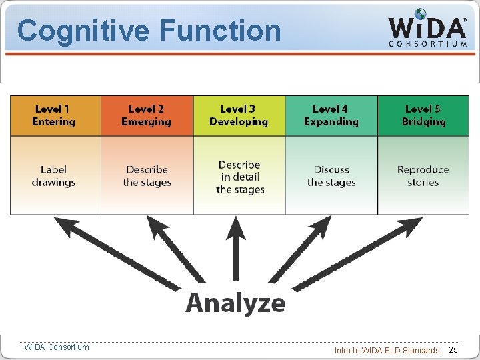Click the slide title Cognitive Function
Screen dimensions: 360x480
(149, 31)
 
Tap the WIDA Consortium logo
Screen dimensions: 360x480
(427, 29)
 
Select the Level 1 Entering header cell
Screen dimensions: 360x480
(54, 115)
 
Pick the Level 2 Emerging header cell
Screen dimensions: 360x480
(146, 115)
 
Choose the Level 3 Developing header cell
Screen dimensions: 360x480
(239, 115)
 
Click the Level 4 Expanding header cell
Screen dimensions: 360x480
(331, 115)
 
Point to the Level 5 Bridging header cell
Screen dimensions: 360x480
(423, 115)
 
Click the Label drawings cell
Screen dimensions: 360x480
(54, 176)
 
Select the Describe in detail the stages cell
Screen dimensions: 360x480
(239, 177)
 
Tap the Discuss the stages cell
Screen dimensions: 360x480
(331, 176)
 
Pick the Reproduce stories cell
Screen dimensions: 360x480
(423, 176)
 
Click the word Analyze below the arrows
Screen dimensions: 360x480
(235, 303)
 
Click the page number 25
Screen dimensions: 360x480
(453, 350)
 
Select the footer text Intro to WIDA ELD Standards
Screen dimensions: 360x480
(387, 350)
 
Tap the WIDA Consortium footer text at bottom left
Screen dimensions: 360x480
(56, 347)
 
